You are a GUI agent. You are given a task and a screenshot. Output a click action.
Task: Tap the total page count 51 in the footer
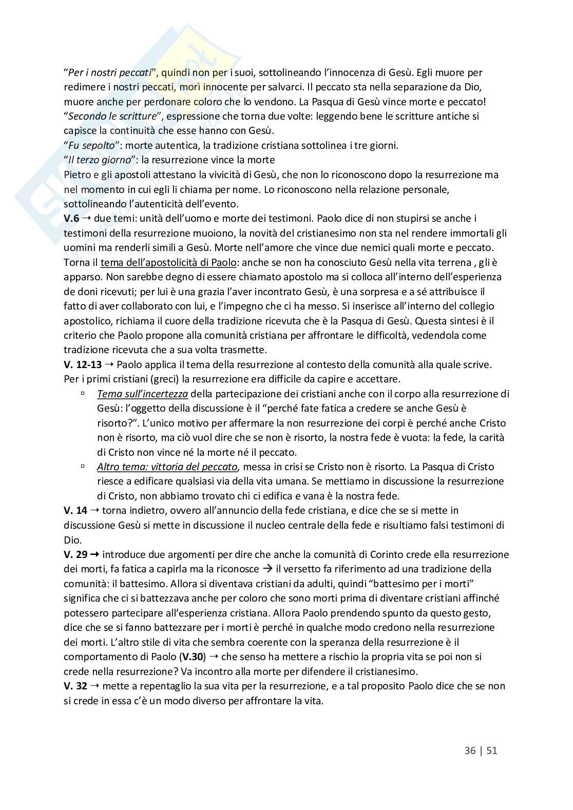(491, 750)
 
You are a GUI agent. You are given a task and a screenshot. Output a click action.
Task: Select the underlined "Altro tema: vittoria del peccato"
(167, 467)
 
